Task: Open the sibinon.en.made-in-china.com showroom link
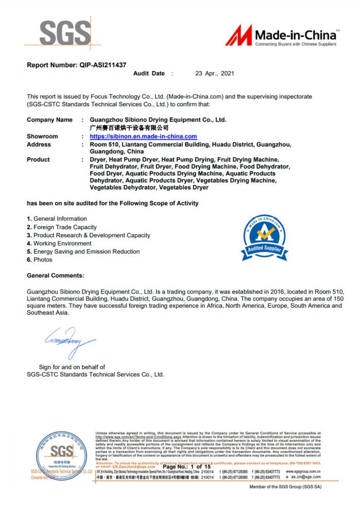coord(143,136)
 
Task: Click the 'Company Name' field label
coord(49,120)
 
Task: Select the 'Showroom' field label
coord(42,136)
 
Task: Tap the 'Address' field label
coord(39,144)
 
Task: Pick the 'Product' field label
coord(38,160)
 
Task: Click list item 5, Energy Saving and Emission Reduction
coord(83,252)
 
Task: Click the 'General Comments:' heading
coord(55,275)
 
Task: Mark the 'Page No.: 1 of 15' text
coord(187,467)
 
